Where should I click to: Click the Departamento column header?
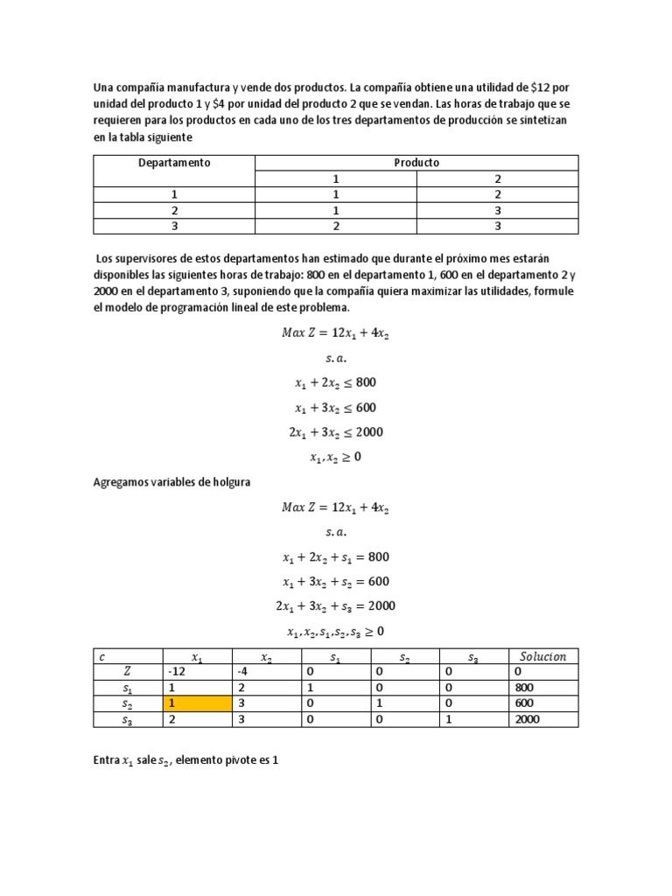pos(174,163)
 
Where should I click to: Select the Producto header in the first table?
pos(416,163)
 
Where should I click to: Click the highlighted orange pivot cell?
pos(197,703)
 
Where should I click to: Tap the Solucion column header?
pos(542,656)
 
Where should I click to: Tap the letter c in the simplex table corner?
pos(102,656)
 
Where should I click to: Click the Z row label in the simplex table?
pos(128,671)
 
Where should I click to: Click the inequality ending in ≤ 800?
pos(335,382)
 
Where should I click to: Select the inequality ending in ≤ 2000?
pos(335,432)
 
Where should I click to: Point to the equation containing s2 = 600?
pos(335,582)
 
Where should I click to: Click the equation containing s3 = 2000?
pos(335,606)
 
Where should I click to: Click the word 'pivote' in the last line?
pos(244,761)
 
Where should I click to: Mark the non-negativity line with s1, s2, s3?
pos(335,631)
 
